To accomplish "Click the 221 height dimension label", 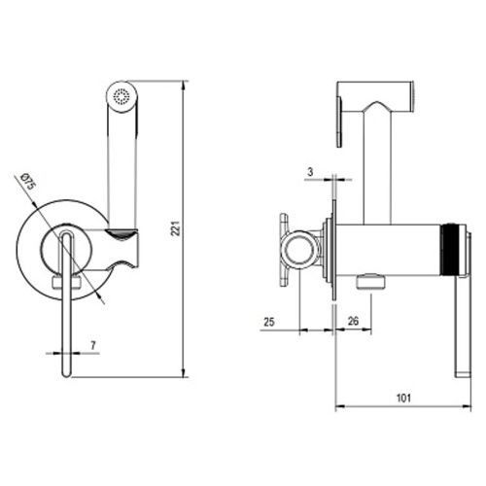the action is (x=175, y=228).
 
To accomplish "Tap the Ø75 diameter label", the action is (x=28, y=183).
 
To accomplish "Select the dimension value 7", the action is (x=93, y=345).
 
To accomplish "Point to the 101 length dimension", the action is (x=403, y=398).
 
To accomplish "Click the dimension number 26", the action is (x=353, y=321).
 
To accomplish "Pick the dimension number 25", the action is (x=269, y=322).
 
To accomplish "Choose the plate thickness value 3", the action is (x=310, y=172).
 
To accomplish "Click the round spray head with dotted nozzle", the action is (x=122, y=96).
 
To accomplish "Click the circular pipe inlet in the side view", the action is (x=297, y=250).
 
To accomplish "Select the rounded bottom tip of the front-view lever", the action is (x=66, y=373).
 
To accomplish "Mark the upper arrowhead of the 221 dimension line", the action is (x=184, y=86).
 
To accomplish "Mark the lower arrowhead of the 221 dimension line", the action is (x=184, y=372).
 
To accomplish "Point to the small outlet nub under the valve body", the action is (x=370, y=281).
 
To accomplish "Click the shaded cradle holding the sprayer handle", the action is (x=121, y=234).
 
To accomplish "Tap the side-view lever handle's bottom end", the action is (x=463, y=375).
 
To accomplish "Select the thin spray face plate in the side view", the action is (x=339, y=122).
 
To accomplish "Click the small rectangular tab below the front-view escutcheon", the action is (x=66, y=281).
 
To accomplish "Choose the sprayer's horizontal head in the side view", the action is (x=375, y=95).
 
